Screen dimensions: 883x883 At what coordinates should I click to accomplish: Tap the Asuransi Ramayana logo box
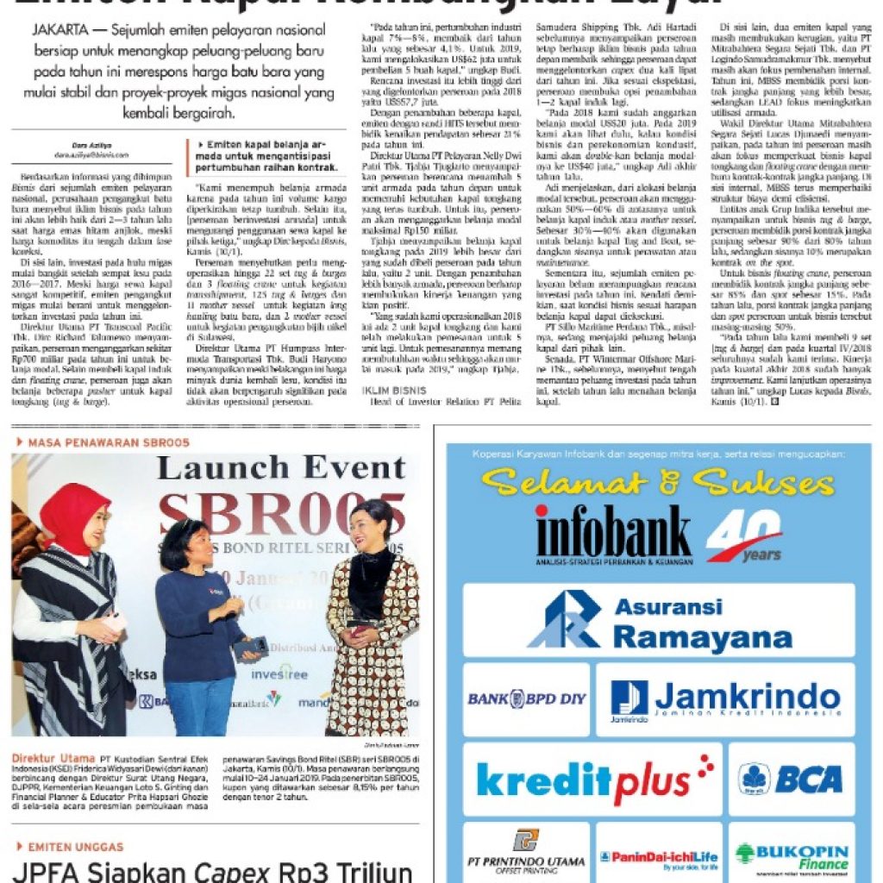(659, 620)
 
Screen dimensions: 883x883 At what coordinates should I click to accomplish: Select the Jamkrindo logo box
(724, 699)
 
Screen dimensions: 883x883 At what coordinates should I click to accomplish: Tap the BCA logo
(791, 780)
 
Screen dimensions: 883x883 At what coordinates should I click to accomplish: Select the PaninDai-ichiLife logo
(658, 857)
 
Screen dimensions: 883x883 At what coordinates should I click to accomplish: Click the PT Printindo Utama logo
(526, 854)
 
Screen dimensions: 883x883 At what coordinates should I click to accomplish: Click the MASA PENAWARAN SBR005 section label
(102, 442)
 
